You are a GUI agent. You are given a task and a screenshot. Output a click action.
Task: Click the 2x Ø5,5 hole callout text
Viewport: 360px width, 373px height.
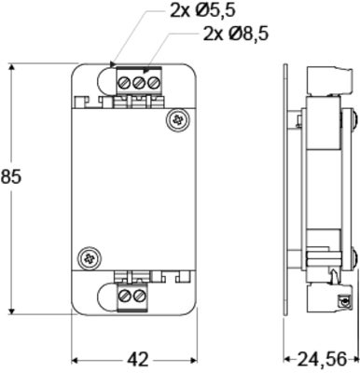tap(202, 10)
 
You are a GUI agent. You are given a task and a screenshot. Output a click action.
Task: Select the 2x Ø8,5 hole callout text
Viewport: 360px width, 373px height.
tap(235, 34)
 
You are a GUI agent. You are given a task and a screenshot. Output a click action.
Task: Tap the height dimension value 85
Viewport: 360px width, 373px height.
tap(10, 176)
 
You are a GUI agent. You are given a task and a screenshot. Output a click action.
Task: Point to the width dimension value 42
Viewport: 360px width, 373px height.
tap(138, 360)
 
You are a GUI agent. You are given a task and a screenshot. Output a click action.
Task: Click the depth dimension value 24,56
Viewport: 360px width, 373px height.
tap(322, 360)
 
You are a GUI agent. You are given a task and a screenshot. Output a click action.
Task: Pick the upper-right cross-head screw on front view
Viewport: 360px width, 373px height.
tap(178, 120)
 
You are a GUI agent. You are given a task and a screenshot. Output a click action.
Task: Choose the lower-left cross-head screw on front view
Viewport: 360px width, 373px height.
tap(90, 258)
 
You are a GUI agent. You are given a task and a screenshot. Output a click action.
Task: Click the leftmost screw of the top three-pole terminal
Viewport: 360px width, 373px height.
tap(124, 83)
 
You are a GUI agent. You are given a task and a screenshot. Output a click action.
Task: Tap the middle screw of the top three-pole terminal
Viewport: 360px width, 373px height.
tap(139, 83)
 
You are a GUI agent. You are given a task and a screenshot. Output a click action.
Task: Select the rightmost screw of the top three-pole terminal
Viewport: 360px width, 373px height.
tap(153, 83)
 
